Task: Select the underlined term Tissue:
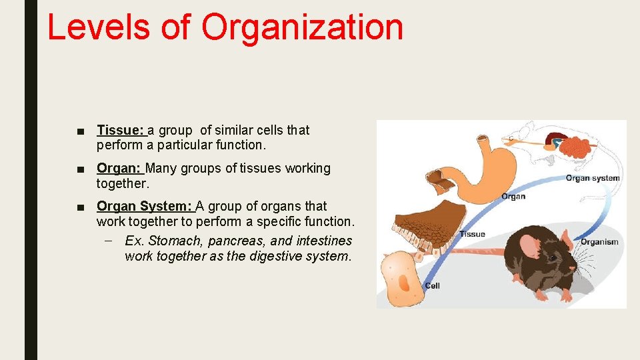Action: click(x=121, y=130)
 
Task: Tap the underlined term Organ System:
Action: click(x=145, y=206)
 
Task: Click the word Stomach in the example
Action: click(x=175, y=241)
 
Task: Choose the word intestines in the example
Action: click(x=324, y=241)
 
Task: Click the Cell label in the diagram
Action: click(x=432, y=286)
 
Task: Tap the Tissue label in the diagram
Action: click(x=472, y=234)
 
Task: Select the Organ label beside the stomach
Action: click(x=513, y=196)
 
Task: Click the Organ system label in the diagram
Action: click(x=592, y=177)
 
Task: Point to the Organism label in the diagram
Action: click(x=599, y=242)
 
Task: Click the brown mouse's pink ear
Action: click(x=531, y=246)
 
